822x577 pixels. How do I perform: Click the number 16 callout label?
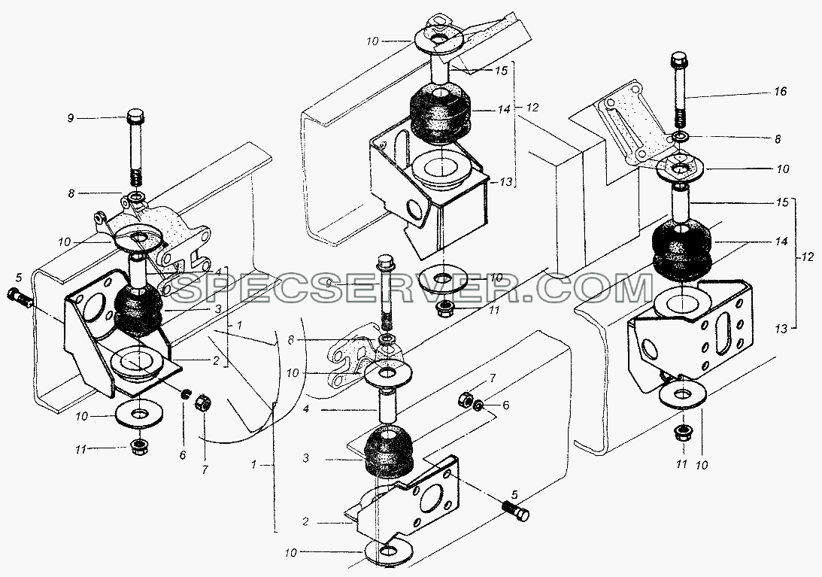pyautogui.click(x=780, y=91)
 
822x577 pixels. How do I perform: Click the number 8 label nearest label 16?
pyautogui.click(x=777, y=139)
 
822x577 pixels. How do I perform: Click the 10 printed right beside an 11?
pyautogui.click(x=702, y=464)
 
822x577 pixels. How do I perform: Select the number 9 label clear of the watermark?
pyautogui.click(x=71, y=119)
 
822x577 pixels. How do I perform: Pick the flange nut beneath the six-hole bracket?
pyautogui.click(x=681, y=434)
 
